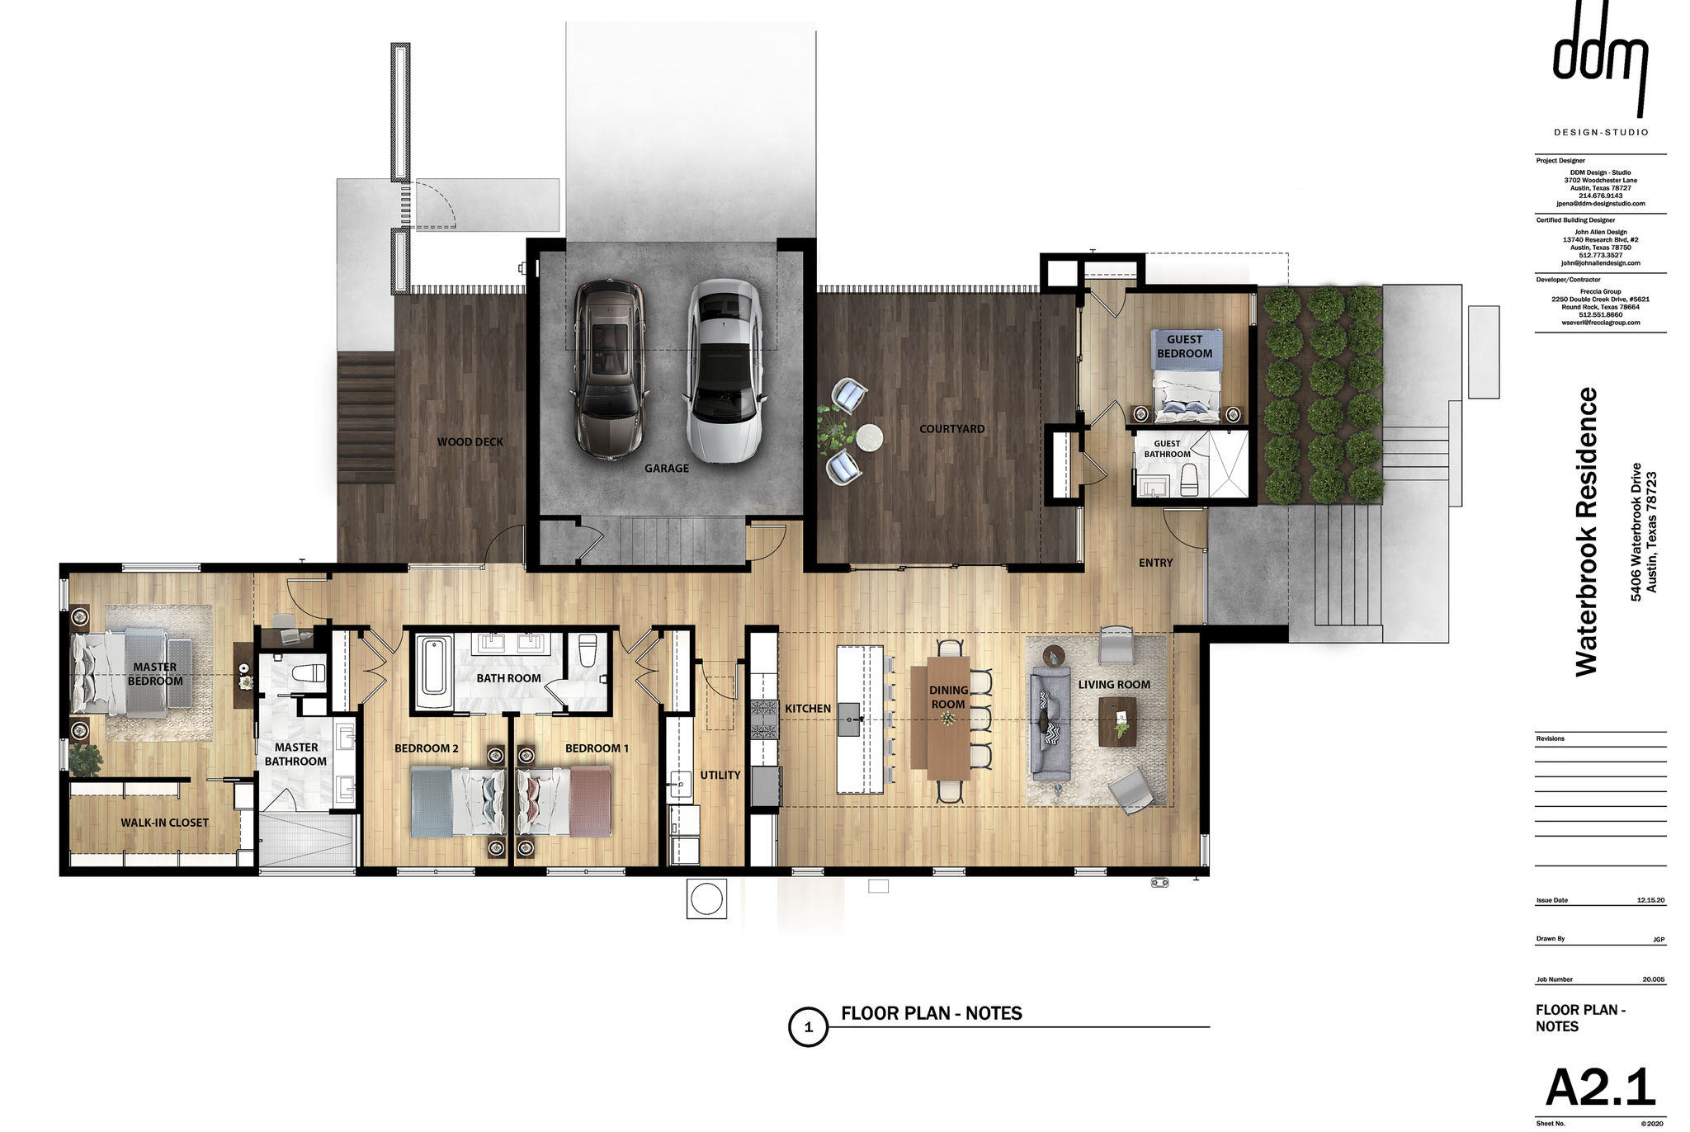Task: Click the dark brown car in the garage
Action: tap(610, 370)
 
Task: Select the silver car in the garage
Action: tap(723, 371)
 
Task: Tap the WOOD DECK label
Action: tap(470, 442)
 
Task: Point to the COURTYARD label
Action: tap(952, 429)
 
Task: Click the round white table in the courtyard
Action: tap(868, 437)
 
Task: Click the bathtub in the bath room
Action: tap(433, 672)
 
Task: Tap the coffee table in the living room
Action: tap(1117, 722)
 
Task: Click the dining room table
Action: tap(948, 717)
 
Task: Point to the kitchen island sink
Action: tap(849, 719)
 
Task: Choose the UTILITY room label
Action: tap(720, 776)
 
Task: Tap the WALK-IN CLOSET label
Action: tap(165, 823)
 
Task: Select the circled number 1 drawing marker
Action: tap(809, 1027)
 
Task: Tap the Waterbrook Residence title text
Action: tap(1587, 532)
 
